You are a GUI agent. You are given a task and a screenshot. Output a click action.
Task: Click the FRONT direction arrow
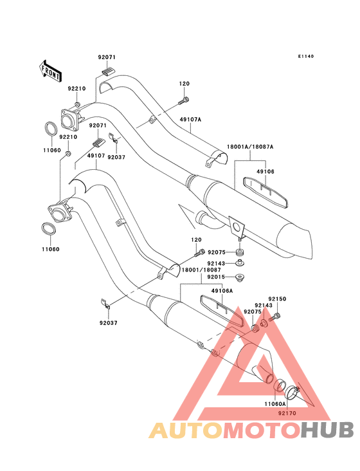point(50,71)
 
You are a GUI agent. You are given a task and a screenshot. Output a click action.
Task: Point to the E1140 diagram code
point(306,56)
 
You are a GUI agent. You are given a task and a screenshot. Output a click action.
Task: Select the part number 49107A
point(190,120)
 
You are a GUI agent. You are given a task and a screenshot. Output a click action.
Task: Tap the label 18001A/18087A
point(250,147)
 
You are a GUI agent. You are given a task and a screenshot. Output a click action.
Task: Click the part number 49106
point(265,172)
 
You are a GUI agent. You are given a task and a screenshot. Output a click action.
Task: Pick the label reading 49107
point(96,156)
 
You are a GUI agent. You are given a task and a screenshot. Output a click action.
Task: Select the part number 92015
point(216,277)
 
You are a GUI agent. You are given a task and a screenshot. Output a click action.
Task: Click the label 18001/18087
point(201,270)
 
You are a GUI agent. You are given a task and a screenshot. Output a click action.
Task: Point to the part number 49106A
point(222,291)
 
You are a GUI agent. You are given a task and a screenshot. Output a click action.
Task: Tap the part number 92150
point(277,299)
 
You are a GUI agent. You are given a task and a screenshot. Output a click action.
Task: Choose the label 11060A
point(275,403)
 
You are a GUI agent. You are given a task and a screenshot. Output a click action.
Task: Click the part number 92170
point(287,413)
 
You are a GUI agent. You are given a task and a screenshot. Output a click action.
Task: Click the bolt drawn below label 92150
point(275,317)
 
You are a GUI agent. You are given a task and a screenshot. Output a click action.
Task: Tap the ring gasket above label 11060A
point(280,386)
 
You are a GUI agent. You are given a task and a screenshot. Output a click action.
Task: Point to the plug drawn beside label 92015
point(239,277)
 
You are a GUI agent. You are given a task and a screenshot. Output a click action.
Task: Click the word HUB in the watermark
point(328,430)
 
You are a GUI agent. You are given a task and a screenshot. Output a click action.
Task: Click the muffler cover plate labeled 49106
point(265,192)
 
